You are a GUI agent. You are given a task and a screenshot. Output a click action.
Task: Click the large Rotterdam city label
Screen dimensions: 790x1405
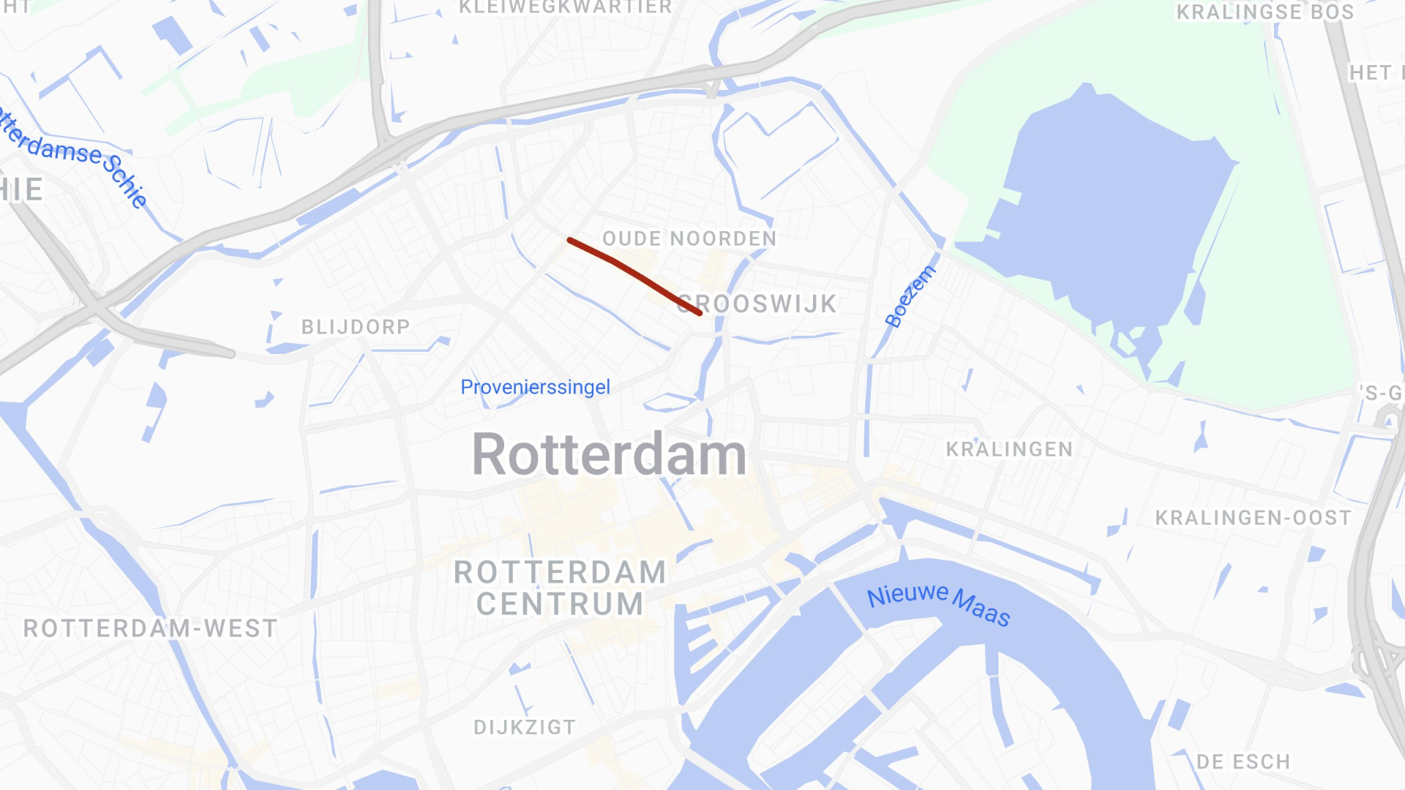(x=609, y=454)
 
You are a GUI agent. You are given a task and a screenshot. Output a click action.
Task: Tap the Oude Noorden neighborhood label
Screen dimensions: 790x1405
(x=689, y=239)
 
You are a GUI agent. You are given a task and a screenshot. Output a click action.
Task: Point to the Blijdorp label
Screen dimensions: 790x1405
(x=356, y=327)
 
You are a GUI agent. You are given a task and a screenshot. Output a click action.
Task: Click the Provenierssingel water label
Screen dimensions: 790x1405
(x=535, y=387)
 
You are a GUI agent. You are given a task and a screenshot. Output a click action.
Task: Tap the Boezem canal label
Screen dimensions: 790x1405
(x=910, y=296)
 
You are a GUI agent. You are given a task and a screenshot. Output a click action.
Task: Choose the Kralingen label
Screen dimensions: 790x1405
(x=1009, y=449)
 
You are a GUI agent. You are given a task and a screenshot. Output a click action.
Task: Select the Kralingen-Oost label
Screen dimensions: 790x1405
(x=1253, y=518)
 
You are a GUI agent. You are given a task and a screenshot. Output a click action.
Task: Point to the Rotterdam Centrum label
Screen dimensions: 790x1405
(x=560, y=588)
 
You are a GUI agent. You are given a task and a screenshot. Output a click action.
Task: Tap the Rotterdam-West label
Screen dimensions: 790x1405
(x=151, y=628)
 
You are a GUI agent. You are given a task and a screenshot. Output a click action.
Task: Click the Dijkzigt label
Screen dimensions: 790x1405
(x=525, y=727)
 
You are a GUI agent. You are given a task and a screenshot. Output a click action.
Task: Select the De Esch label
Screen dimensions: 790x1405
(x=1243, y=762)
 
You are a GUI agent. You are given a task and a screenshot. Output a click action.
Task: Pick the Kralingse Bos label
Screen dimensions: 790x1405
(x=1264, y=12)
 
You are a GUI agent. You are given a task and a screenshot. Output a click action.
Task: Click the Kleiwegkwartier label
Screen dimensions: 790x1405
(x=565, y=7)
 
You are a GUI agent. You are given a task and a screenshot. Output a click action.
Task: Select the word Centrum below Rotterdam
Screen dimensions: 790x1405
(x=560, y=604)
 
